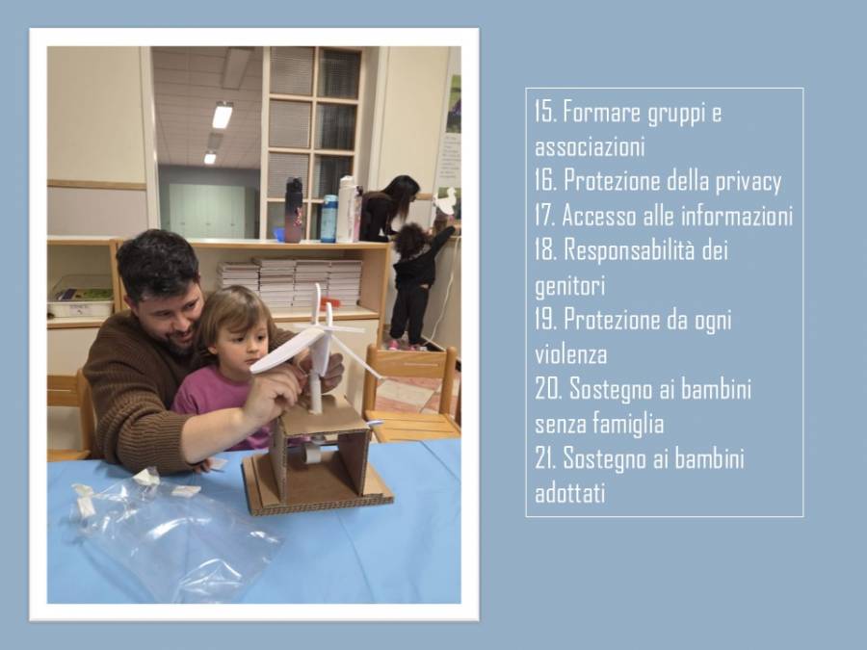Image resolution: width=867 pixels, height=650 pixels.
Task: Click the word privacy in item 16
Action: (749, 182)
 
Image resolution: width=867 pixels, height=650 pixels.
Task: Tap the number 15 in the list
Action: (544, 112)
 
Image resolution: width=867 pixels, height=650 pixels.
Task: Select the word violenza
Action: (570, 354)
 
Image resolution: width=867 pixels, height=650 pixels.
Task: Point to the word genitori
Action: (570, 286)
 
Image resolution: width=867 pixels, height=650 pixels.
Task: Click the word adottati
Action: (570, 492)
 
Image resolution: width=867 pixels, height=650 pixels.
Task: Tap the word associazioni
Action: (590, 147)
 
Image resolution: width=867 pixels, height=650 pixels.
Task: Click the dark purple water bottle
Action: (294, 211)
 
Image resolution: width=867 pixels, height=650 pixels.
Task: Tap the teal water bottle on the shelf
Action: (329, 219)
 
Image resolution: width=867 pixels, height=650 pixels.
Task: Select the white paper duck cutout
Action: (446, 201)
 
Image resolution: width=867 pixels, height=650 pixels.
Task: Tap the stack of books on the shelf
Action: (290, 282)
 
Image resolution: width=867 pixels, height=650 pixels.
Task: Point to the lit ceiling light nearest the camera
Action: (223, 116)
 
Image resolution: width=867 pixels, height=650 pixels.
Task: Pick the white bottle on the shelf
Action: (347, 210)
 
